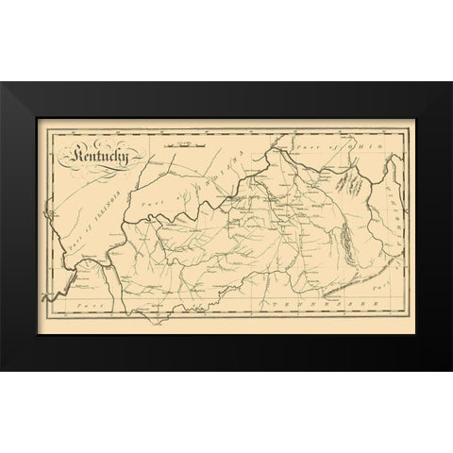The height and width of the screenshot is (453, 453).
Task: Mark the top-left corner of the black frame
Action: [x=2, y=83]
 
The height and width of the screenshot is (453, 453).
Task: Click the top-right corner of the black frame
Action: [x=450, y=83]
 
